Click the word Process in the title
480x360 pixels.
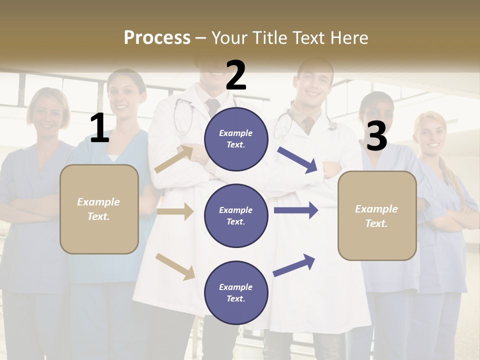coord(157,37)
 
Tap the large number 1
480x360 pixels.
coord(99,128)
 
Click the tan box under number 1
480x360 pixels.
coord(99,209)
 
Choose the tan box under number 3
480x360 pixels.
coord(377,215)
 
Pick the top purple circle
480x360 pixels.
coord(236,139)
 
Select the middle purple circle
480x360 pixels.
coord(236,215)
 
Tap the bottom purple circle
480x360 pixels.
coord(236,292)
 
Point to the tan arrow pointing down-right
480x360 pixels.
coord(175,266)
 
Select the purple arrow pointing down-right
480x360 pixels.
coord(298,160)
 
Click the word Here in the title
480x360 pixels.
coord(350,37)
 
